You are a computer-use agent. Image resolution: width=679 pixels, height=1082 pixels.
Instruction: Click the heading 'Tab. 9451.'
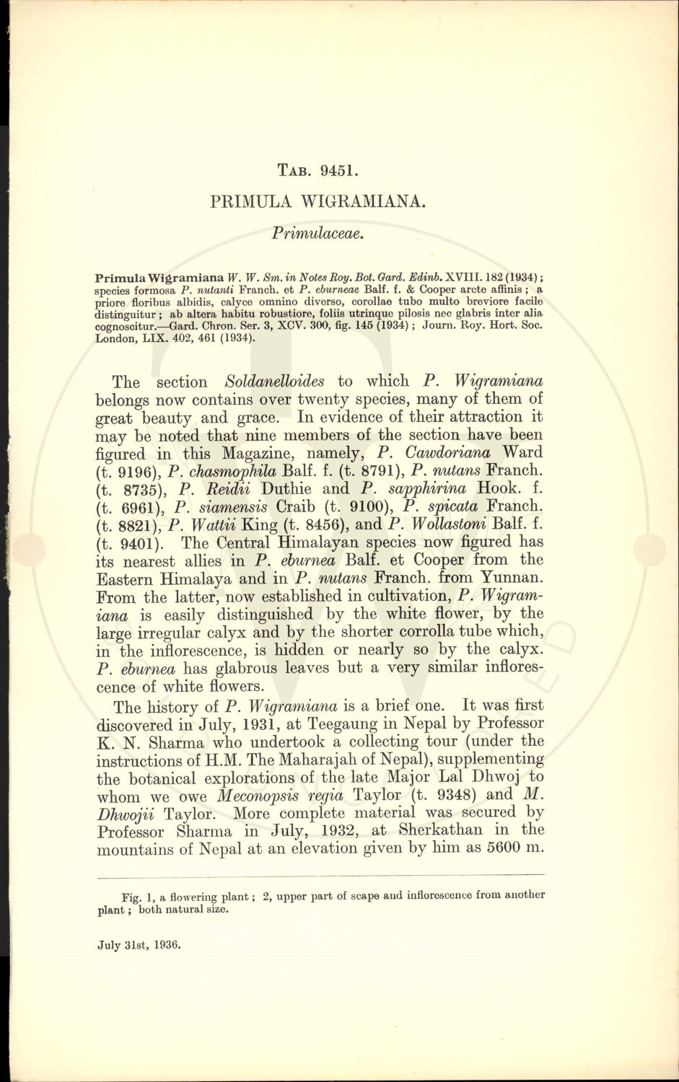[318, 171]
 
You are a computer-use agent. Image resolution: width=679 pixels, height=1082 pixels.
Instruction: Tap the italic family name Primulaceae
[318, 233]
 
